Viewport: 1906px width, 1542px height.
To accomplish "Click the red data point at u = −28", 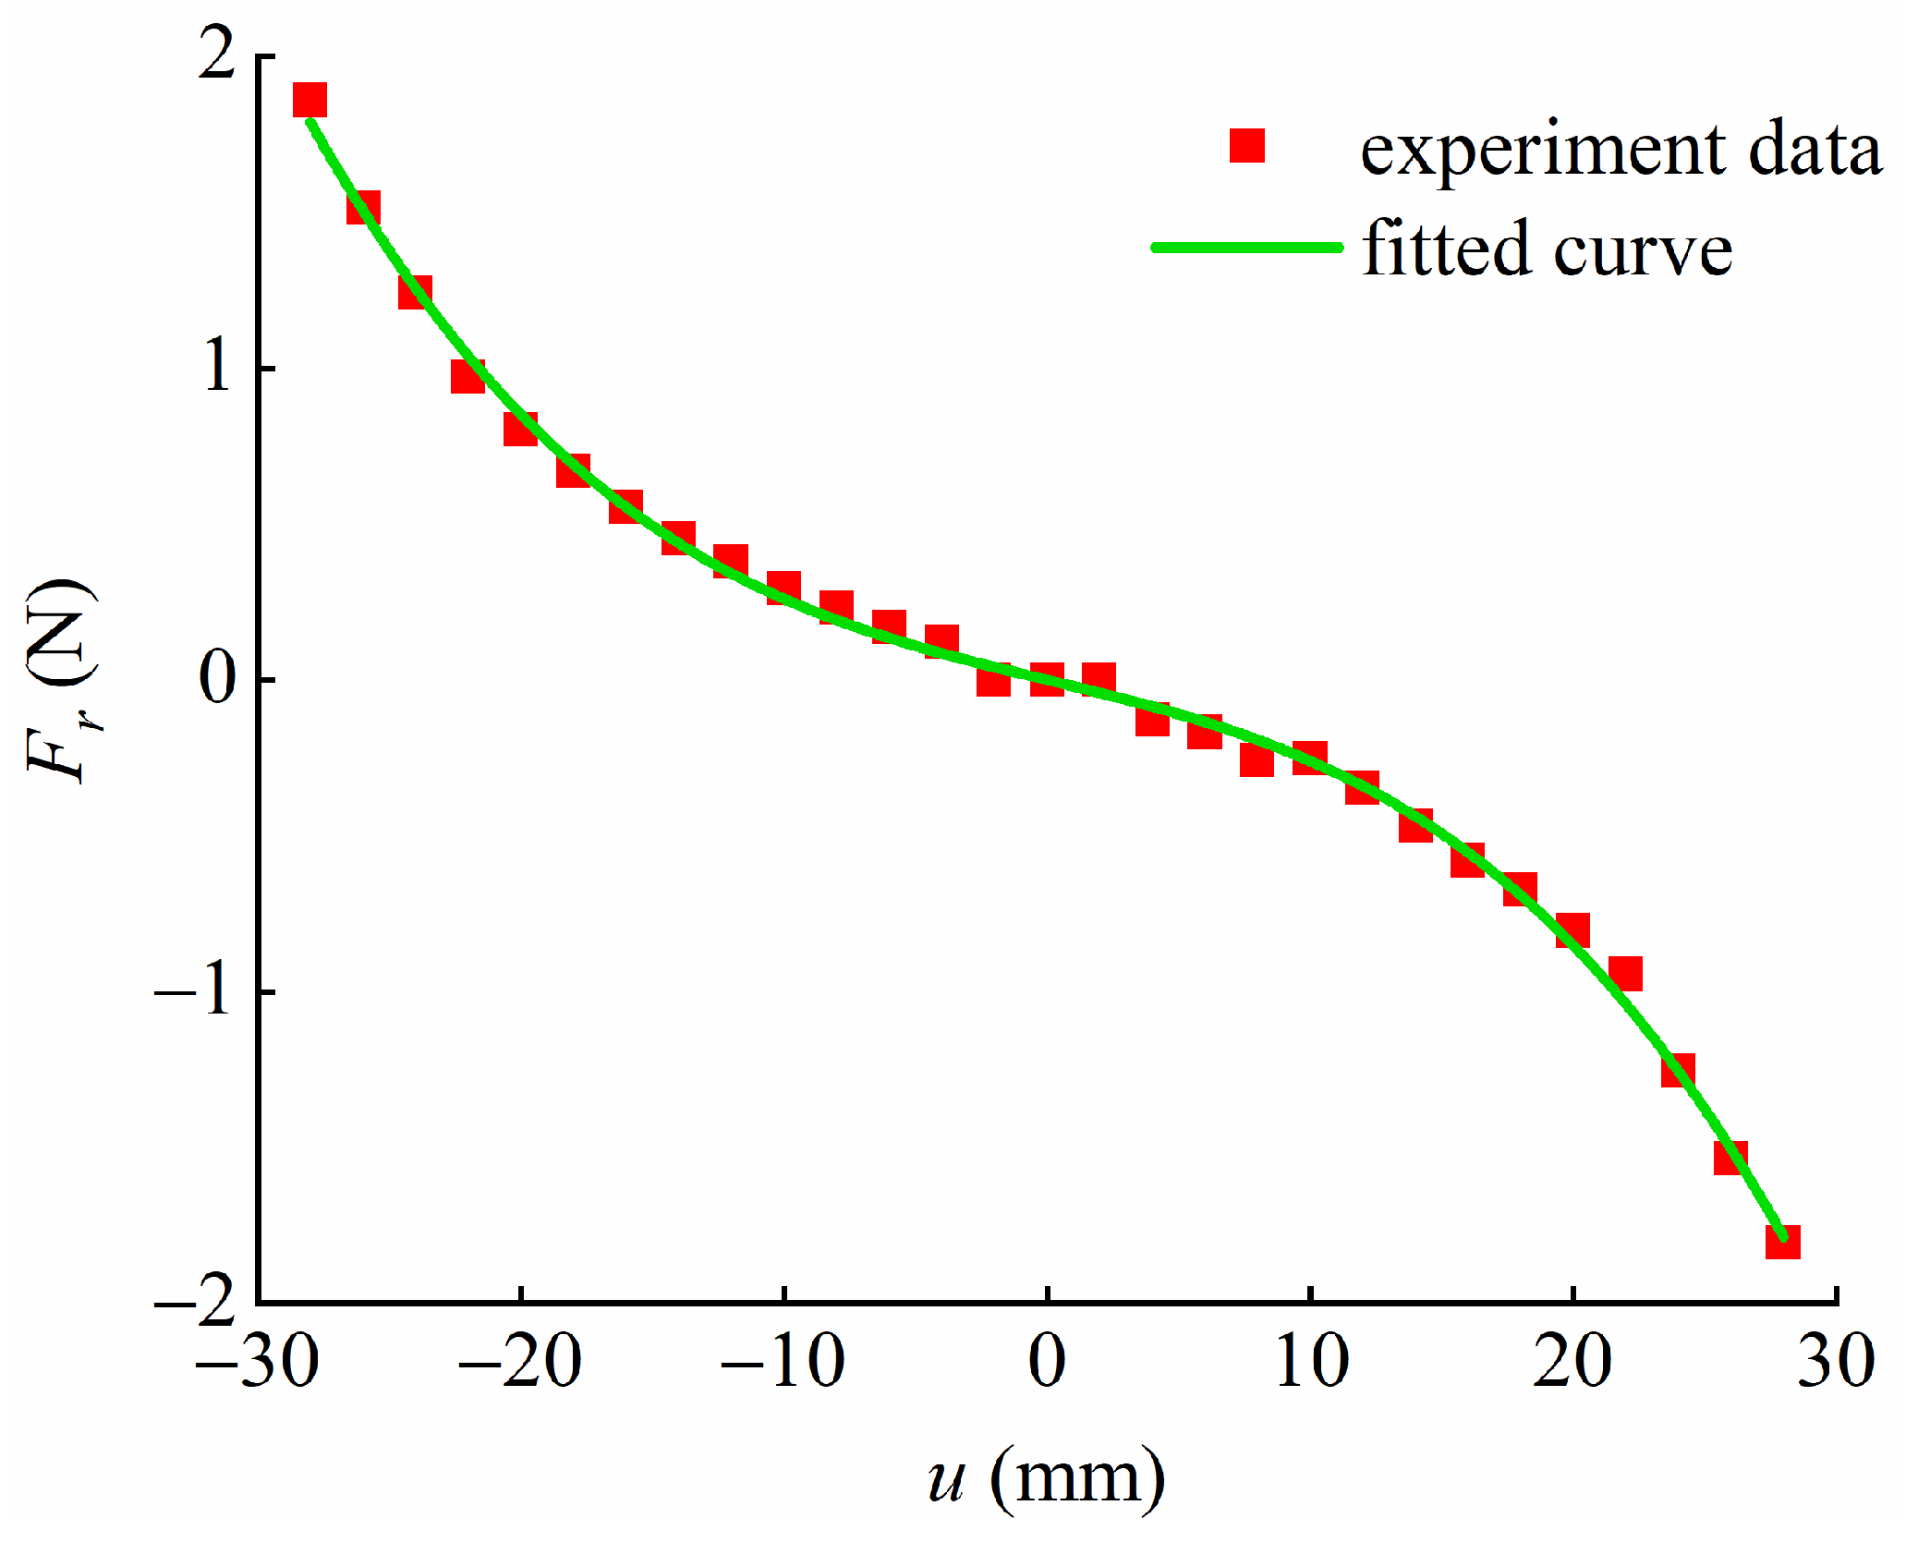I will click(310, 100).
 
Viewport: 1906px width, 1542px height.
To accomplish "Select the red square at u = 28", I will click(1782, 1242).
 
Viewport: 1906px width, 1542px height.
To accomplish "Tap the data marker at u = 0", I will click(1047, 679).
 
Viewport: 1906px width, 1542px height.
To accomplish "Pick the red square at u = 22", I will click(1625, 974).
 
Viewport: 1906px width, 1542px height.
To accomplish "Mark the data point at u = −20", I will click(520, 429).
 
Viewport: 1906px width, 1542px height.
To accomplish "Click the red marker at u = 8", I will click(1257, 759).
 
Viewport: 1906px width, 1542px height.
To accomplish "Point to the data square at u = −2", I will click(993, 679).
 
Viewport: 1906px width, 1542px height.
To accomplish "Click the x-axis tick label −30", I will click(258, 1361).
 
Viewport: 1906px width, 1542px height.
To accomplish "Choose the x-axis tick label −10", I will click(783, 1361).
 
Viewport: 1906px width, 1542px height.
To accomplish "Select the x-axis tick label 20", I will click(1572, 1361).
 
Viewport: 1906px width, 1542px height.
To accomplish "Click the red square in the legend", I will click(1246, 146).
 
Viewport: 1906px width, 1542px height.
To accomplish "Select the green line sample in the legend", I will click(1246, 247).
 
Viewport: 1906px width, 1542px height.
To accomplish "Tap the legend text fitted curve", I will click(1547, 248).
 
